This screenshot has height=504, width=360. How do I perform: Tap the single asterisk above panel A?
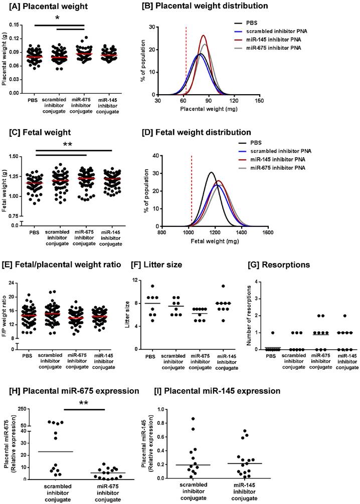click(58, 18)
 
